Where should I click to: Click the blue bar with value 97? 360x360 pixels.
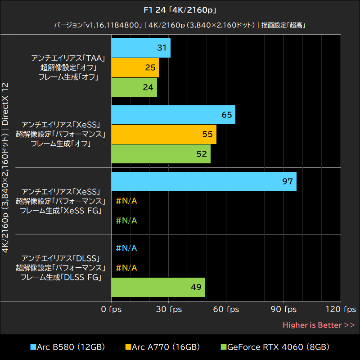(203, 181)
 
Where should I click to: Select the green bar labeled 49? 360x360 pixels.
(157, 287)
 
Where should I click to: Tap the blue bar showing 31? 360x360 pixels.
(140, 48)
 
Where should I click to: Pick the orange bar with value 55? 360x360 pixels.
(163, 134)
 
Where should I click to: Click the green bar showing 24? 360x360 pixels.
(134, 87)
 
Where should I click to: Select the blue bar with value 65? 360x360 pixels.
(173, 115)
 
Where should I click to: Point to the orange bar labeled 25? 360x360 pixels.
(135, 67)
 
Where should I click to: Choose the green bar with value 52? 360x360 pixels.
(161, 154)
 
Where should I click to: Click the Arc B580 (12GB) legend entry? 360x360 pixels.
(67, 347)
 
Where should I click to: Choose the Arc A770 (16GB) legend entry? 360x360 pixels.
(162, 347)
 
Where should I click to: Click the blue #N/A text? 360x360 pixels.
(126, 248)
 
